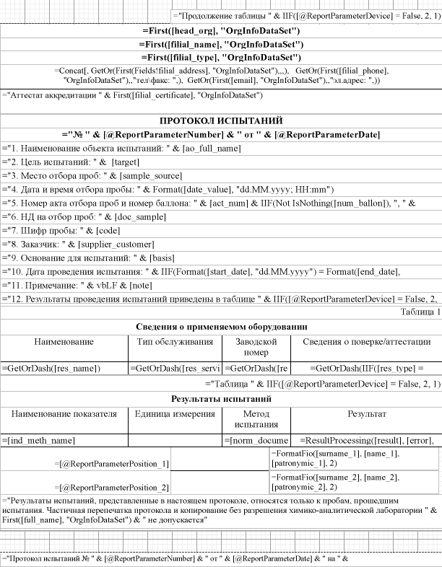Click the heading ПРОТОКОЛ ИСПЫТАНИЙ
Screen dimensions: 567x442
pyautogui.click(x=221, y=120)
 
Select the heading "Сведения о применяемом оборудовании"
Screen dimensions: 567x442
pyautogui.click(x=221, y=326)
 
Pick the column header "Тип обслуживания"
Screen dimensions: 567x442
pyautogui.click(x=175, y=341)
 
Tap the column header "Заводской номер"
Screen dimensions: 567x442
pyautogui.click(x=256, y=347)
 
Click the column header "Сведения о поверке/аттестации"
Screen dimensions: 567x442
pyautogui.click(x=365, y=341)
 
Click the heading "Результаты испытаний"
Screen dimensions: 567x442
pyautogui.click(x=221, y=398)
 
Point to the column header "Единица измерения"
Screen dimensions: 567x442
pyautogui.click(x=175, y=414)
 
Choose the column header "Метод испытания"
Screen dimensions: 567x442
pyautogui.click(x=256, y=419)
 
